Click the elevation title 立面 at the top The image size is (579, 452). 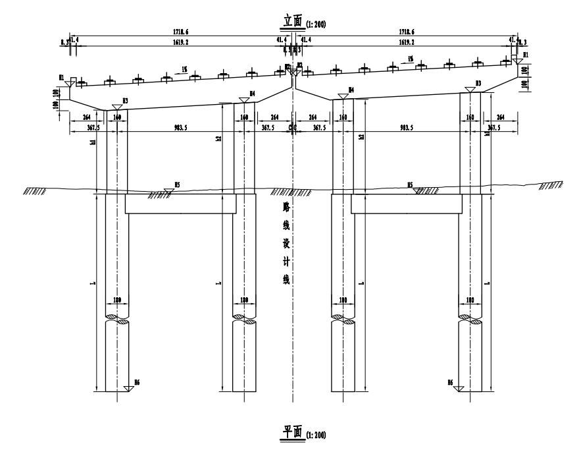tap(291, 22)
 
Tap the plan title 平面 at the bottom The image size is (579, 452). tap(291, 433)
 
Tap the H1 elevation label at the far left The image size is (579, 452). tap(61, 78)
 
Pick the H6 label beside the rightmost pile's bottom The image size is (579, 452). tap(451, 382)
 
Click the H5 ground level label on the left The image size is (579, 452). tap(176, 186)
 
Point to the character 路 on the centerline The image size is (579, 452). tap(285, 206)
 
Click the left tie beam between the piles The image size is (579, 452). tap(180, 204)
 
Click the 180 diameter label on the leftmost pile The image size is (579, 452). tap(118, 300)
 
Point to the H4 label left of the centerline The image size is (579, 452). tap(252, 94)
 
